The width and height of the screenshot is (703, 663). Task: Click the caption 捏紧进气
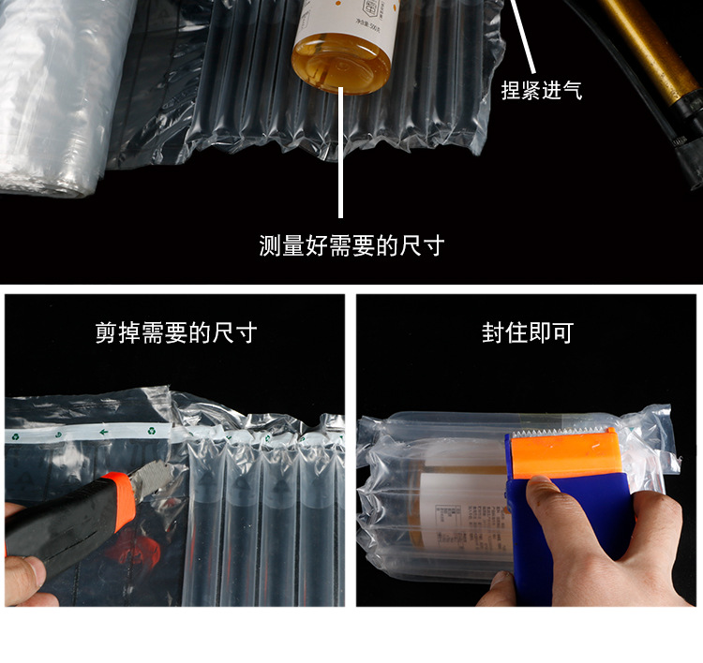[541, 91]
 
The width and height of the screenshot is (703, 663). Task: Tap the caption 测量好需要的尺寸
[351, 246]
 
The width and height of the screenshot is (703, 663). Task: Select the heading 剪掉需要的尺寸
[175, 332]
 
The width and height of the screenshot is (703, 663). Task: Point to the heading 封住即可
[527, 332]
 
